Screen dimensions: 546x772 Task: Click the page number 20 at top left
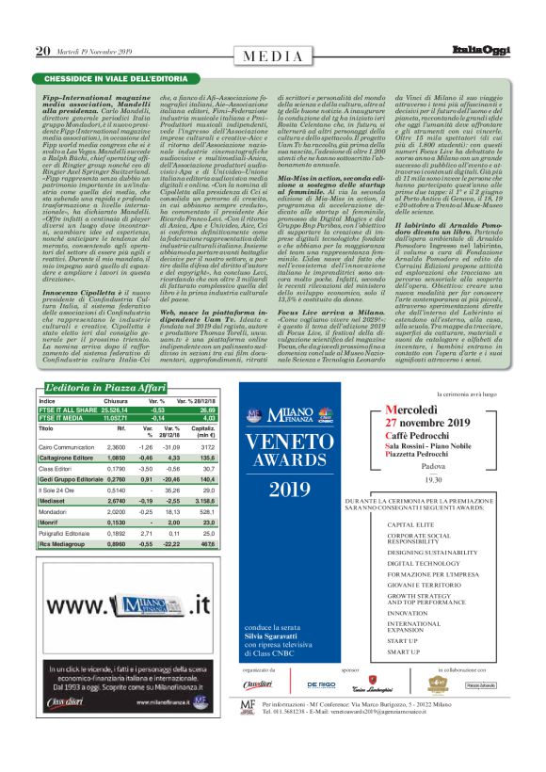point(42,51)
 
